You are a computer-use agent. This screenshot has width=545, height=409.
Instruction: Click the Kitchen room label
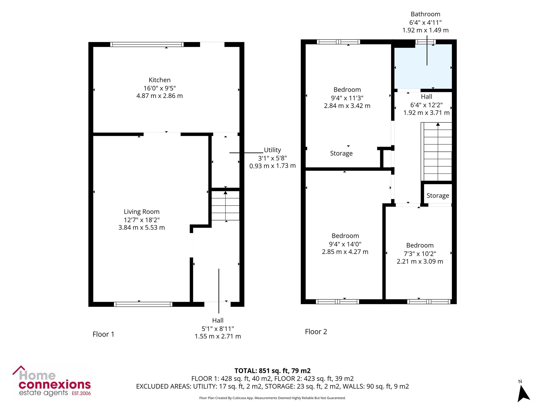pyautogui.click(x=159, y=80)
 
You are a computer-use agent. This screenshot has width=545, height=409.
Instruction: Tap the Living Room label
pyautogui.click(x=141, y=212)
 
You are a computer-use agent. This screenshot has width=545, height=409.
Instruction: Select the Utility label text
pyautogui.click(x=272, y=150)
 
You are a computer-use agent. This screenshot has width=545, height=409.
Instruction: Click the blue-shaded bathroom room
pyautogui.click(x=423, y=67)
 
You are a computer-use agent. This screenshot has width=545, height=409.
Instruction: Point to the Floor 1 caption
pyautogui.click(x=103, y=334)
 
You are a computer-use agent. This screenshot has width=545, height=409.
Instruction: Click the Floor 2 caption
pyautogui.click(x=316, y=332)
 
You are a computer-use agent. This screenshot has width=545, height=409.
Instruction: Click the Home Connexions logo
pyautogui.click(x=52, y=381)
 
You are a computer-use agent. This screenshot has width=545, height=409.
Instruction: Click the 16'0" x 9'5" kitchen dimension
pyautogui.click(x=160, y=88)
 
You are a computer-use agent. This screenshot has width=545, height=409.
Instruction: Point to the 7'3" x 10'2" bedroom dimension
pyautogui.click(x=420, y=254)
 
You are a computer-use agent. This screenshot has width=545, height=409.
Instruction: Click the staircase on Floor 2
pyautogui.click(x=437, y=152)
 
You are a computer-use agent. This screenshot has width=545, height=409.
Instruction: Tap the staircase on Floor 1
pyautogui.click(x=226, y=206)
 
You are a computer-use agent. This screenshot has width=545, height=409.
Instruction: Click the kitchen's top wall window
pyautogui.click(x=147, y=44)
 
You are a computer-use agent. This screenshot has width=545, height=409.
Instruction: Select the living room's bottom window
pyautogui.click(x=143, y=304)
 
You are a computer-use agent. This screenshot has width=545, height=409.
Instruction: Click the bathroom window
pyautogui.click(x=425, y=42)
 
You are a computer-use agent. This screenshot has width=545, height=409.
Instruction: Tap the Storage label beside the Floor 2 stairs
pyautogui.click(x=438, y=196)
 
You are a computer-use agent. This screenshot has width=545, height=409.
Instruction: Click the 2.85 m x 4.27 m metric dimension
pyautogui.click(x=345, y=252)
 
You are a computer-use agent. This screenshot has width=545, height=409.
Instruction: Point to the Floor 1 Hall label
pyautogui.click(x=218, y=320)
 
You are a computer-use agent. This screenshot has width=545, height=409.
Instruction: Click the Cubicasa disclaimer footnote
pyautogui.click(x=272, y=398)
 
